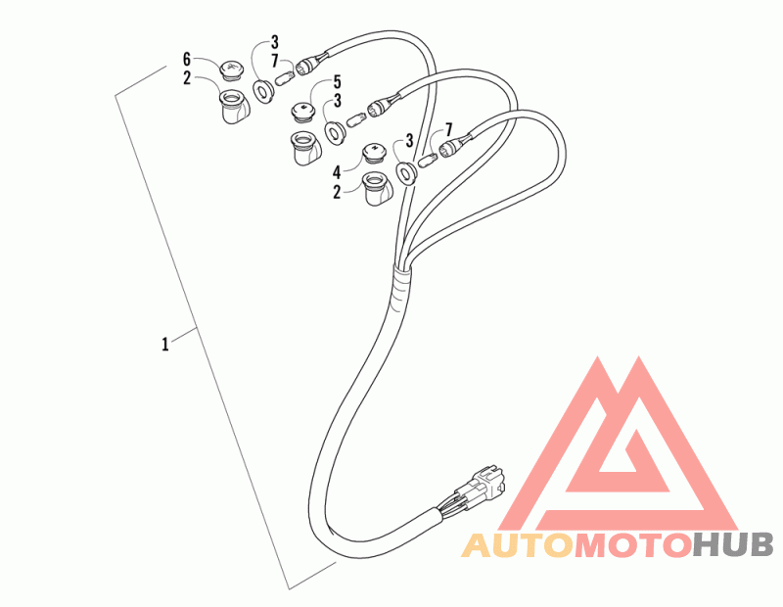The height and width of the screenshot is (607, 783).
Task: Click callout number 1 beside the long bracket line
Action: pos(165,344)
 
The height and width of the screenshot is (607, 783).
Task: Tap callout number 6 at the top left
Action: pos(187,59)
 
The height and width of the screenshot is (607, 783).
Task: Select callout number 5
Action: pos(336,82)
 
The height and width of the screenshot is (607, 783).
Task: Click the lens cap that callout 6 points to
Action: pos(231,70)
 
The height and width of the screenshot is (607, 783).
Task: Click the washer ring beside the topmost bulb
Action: pos(263,92)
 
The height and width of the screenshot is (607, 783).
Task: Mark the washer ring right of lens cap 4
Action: pos(406,174)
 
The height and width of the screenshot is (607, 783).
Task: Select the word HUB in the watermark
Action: pos(733,545)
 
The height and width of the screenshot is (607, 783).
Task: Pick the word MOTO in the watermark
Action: pos(632,545)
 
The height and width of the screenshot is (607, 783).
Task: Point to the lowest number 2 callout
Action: pos(336,193)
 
